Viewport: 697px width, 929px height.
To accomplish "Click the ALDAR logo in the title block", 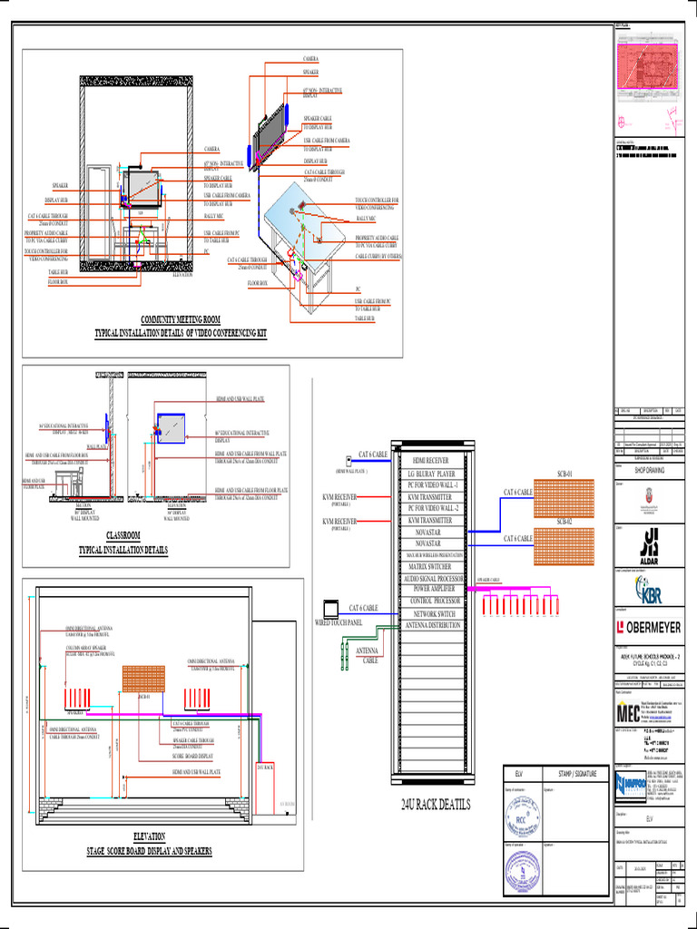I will coord(650,539).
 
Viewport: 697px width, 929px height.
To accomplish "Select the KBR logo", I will coord(650,592).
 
